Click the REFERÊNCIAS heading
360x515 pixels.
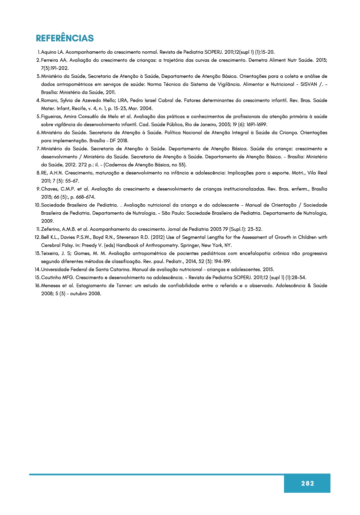(x=65, y=38)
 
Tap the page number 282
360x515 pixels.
(x=307, y=483)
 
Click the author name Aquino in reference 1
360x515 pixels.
(x=48, y=52)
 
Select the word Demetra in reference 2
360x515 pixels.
(x=258, y=60)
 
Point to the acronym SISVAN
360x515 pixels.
(x=308, y=84)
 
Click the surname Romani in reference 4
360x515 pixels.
(x=49, y=100)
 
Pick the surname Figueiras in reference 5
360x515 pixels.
(x=51, y=116)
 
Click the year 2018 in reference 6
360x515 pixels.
(x=122, y=141)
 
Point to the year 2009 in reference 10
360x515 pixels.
(x=47, y=221)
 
